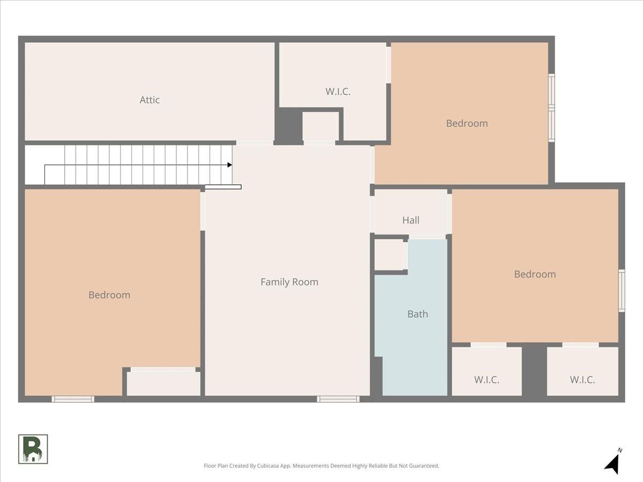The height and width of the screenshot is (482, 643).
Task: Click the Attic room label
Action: point(149,100)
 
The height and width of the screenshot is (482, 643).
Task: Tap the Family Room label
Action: point(289,282)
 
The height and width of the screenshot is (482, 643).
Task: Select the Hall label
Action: point(410,220)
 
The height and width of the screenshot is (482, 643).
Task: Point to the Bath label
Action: point(417,314)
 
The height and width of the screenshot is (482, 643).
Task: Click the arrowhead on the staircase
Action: point(230,165)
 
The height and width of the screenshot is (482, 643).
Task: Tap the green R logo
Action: point(33,449)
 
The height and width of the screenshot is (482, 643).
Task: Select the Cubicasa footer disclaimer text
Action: point(322,465)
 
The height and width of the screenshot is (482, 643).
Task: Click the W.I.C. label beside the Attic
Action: point(338,91)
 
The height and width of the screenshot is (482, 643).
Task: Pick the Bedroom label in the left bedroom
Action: point(109,295)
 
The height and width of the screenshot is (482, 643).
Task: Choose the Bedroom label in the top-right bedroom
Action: point(467,123)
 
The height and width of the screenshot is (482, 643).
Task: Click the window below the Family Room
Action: point(338,399)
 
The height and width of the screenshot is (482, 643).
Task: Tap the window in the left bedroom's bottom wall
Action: point(73,399)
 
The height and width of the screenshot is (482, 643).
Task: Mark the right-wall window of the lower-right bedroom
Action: point(622,291)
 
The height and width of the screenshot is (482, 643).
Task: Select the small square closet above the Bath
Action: point(389,254)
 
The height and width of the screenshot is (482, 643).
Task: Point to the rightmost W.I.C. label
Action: point(582,380)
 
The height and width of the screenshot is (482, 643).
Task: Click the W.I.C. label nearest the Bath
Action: point(487,380)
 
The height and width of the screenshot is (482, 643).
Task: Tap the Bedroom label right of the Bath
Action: point(535,274)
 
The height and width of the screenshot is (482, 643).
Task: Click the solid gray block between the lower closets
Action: point(534,371)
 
